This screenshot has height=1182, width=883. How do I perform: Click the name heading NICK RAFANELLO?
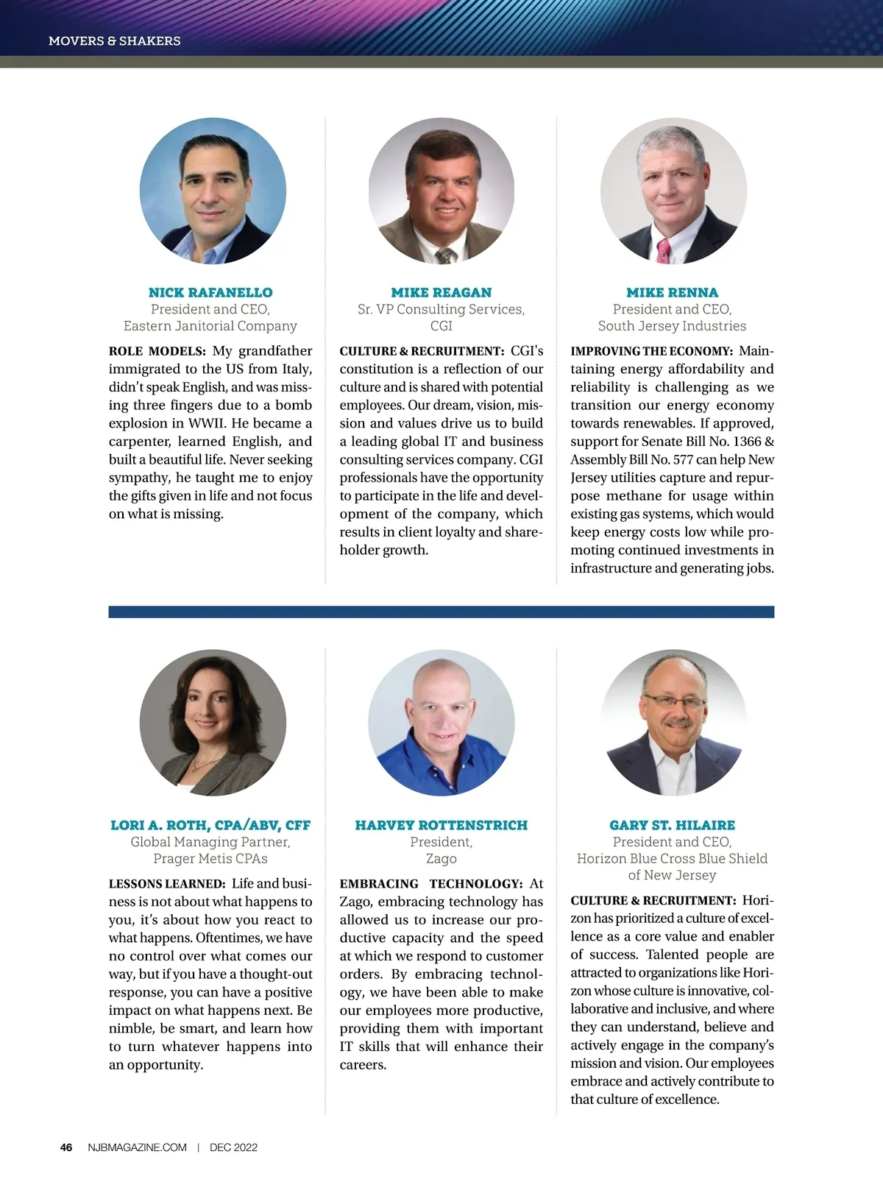pyautogui.click(x=210, y=292)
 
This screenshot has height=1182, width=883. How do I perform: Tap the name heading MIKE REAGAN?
pyautogui.click(x=441, y=292)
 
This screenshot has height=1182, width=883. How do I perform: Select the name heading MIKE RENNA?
pyautogui.click(x=672, y=292)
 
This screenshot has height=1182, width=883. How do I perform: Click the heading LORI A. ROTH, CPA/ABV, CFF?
pyautogui.click(x=210, y=825)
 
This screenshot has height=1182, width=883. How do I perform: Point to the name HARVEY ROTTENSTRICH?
pyautogui.click(x=441, y=825)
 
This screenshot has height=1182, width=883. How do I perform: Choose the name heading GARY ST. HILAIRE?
pyautogui.click(x=672, y=825)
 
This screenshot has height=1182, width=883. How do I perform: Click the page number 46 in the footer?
pyautogui.click(x=66, y=1147)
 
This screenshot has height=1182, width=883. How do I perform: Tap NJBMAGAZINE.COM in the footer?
pyautogui.click(x=137, y=1147)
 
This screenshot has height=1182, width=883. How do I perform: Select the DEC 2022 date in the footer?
pyautogui.click(x=233, y=1147)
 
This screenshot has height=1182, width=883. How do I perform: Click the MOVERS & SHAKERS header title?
pyautogui.click(x=114, y=41)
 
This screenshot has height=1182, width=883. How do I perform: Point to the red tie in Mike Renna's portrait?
pyautogui.click(x=663, y=251)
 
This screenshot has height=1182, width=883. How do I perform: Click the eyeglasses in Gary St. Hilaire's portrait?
pyautogui.click(x=674, y=701)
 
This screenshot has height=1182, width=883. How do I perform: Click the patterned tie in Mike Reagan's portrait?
pyautogui.click(x=445, y=255)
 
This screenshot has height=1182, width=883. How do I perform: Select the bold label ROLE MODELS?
pyautogui.click(x=157, y=352)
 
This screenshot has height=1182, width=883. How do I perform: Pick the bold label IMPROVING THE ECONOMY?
pyautogui.click(x=651, y=352)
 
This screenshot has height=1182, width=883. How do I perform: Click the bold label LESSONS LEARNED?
pyautogui.click(x=166, y=884)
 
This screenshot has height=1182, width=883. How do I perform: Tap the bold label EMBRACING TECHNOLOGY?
pyautogui.click(x=430, y=884)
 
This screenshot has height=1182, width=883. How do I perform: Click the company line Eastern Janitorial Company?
pyautogui.click(x=210, y=326)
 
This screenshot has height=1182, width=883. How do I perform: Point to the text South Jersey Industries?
pyautogui.click(x=672, y=326)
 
